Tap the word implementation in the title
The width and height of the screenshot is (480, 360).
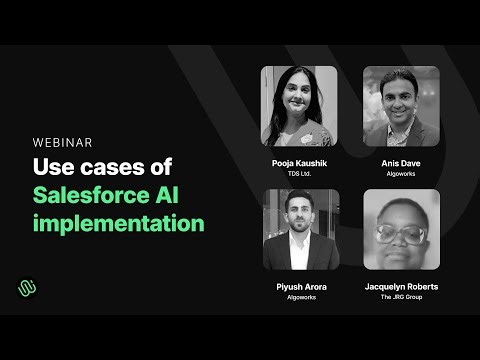tap(118, 222)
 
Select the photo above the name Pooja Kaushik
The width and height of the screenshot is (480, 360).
tap(300, 105)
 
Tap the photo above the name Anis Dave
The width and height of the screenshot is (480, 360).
tap(402, 105)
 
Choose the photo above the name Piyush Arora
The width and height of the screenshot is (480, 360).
tap(300, 229)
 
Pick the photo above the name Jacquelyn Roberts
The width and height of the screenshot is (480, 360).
tap(402, 229)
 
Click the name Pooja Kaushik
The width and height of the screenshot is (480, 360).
tap(300, 163)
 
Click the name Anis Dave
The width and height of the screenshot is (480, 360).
tap(402, 163)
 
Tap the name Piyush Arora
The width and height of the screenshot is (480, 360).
tap(300, 287)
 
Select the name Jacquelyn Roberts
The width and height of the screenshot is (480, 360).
tap(402, 287)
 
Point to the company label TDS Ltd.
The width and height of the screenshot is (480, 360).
tap(300, 174)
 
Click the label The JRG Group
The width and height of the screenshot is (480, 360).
tap(402, 298)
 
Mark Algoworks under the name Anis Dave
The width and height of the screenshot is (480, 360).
tap(402, 174)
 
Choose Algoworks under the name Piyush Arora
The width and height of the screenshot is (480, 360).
tap(300, 298)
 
